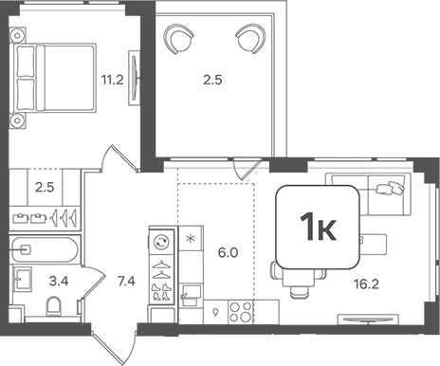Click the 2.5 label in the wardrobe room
click(x=43, y=188)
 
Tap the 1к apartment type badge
click(x=318, y=227)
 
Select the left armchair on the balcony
click(x=180, y=40)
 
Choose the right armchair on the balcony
click(x=250, y=40)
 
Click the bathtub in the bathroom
click(x=46, y=252)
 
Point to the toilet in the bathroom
click(x=55, y=305)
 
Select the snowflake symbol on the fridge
click(x=190, y=237)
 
